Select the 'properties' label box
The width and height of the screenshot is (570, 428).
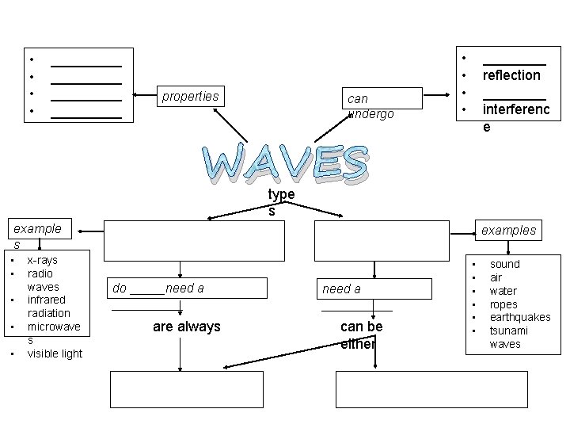[190, 97]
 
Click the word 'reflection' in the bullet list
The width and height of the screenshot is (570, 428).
[511, 75]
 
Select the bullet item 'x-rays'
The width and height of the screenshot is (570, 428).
[42, 260]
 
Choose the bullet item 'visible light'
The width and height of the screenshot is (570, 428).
[55, 353]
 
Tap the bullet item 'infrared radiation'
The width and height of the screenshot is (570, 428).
[48, 307]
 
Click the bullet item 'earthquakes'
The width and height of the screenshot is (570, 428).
[520, 317]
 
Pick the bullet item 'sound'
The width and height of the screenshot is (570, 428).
[505, 264]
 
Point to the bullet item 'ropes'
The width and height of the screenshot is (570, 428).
[503, 304]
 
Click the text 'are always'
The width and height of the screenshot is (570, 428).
[187, 327]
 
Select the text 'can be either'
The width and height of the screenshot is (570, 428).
[362, 334]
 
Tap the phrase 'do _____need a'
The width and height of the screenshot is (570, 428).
[158, 289]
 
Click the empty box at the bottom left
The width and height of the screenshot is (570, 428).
[187, 388]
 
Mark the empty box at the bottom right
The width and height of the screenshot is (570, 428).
[431, 388]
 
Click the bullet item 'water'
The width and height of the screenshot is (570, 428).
[504, 291]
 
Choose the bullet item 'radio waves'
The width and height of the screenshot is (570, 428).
[41, 280]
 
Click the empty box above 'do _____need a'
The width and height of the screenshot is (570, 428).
[194, 240]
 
